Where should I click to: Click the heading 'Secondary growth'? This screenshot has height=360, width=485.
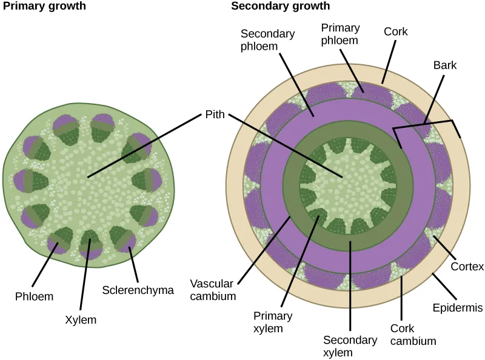(x=281, y=7)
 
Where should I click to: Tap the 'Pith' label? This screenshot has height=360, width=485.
(x=214, y=113)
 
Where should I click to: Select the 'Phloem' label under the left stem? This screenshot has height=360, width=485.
(x=34, y=296)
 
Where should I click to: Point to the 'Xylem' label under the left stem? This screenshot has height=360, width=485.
(x=81, y=319)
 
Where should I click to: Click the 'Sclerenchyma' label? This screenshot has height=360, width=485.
(x=138, y=290)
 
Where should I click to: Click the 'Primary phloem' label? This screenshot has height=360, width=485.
(x=340, y=35)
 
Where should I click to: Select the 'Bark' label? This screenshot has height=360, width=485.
(x=444, y=64)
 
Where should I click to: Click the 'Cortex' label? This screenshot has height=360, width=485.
(x=467, y=267)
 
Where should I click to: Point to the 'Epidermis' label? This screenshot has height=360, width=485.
(x=458, y=308)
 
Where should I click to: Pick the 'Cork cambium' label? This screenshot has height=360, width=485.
(x=413, y=335)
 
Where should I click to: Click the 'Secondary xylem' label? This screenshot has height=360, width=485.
(x=350, y=345)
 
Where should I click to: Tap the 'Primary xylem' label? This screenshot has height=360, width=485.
(x=273, y=322)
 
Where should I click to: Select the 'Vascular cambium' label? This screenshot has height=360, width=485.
(x=212, y=290)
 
